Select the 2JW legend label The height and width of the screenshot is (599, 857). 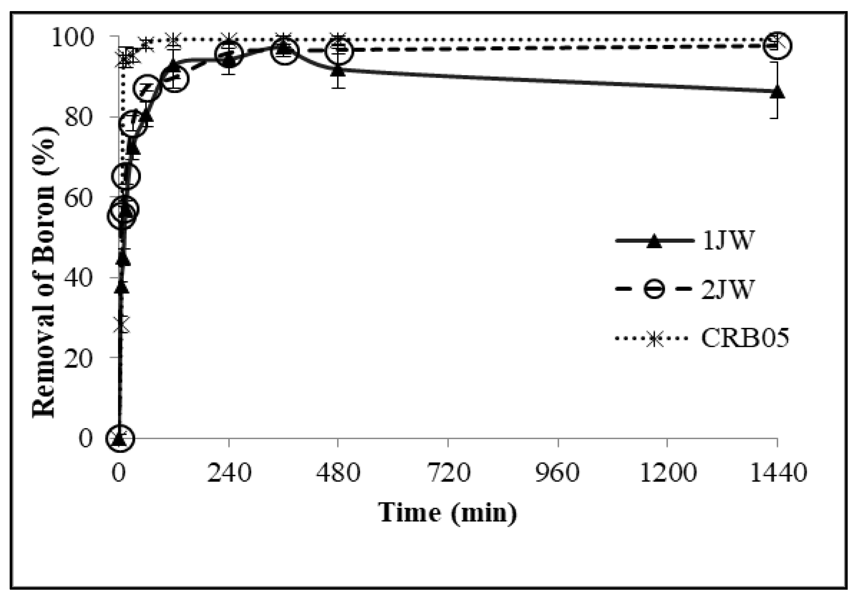click(x=728, y=289)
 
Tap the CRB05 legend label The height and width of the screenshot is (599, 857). click(x=745, y=338)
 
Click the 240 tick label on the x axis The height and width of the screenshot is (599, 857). click(x=229, y=472)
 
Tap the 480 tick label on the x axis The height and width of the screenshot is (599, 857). click(x=338, y=472)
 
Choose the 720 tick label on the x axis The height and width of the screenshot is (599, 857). click(x=448, y=472)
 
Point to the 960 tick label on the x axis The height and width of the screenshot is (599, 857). click(x=557, y=472)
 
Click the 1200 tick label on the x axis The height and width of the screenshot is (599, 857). click(x=667, y=472)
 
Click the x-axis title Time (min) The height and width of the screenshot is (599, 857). click(x=448, y=513)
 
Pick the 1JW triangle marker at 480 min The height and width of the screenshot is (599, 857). click(x=338, y=70)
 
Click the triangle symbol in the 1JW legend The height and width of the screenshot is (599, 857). click(x=654, y=241)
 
